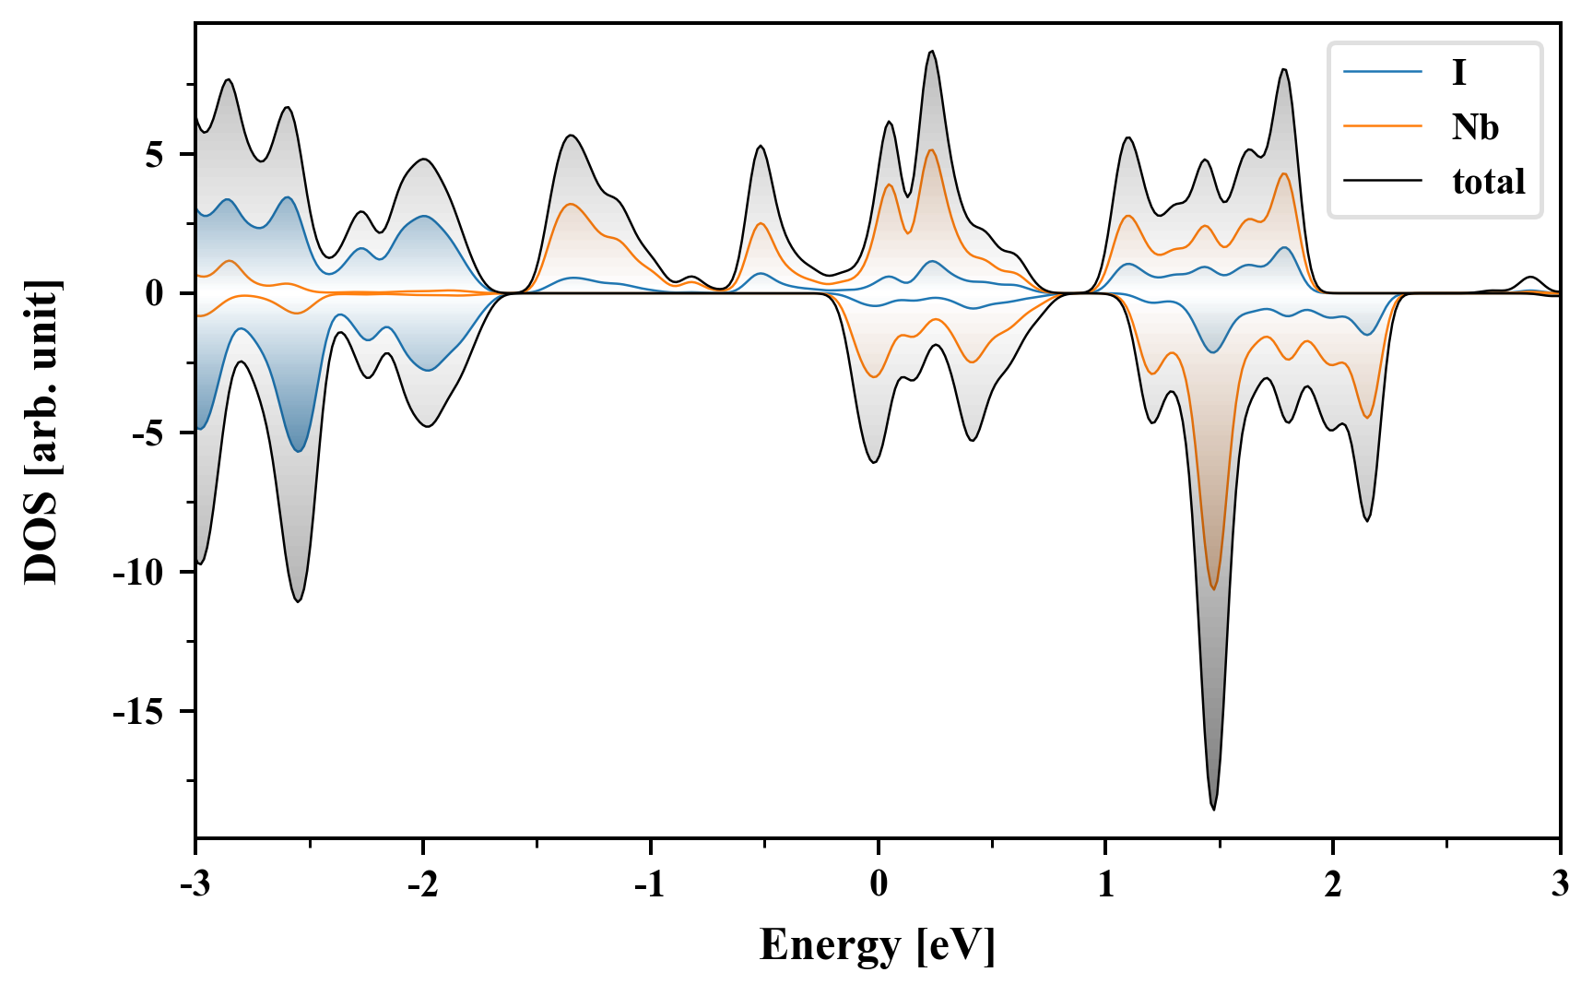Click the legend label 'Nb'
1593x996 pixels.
tap(1475, 127)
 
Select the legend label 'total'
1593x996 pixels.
tap(1488, 182)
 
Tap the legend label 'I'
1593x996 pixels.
tap(1458, 72)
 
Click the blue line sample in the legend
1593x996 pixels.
tap(1383, 72)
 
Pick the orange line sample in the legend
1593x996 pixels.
tap(1383, 127)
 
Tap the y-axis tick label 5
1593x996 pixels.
tap(153, 155)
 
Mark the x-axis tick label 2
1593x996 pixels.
tap(1333, 884)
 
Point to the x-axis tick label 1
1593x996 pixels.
tap(1105, 884)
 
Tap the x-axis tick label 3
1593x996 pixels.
tap(1560, 884)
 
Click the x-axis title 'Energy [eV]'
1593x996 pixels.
tap(878, 945)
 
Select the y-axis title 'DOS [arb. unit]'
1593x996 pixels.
tap(41, 432)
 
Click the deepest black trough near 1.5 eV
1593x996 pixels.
tap(1213, 809)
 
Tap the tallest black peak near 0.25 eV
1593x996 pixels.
tap(932, 52)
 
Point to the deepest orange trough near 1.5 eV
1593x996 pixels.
tap(1213, 588)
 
